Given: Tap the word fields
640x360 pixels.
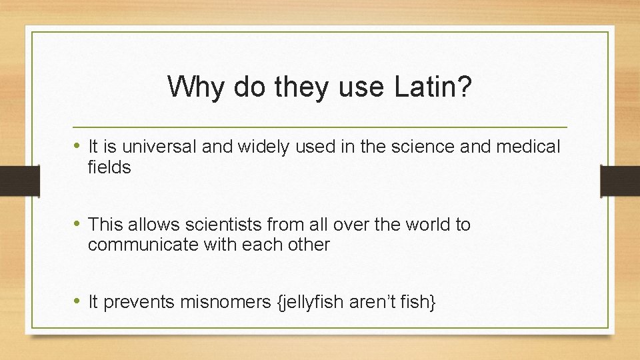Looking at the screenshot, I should pyautogui.click(x=109, y=167).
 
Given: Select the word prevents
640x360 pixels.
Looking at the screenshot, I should pyautogui.click(x=139, y=303).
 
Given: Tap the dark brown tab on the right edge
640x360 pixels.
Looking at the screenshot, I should pyautogui.click(x=619, y=181).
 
